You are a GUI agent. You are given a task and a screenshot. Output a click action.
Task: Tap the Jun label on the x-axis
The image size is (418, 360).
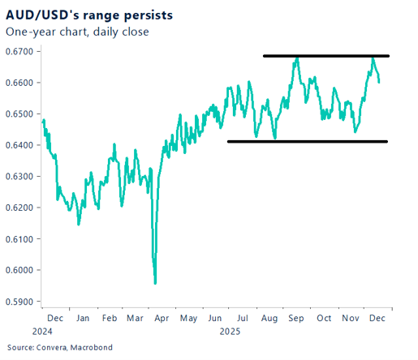[x=216, y=319]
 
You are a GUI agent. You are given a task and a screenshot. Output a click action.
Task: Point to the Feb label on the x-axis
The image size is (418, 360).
[x=109, y=319]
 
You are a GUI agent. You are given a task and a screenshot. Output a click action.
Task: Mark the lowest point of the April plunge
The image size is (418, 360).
[x=155, y=283]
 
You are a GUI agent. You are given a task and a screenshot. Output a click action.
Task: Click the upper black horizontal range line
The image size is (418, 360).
[x=325, y=56]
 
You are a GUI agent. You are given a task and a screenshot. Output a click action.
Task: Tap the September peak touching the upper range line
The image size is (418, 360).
[x=297, y=58]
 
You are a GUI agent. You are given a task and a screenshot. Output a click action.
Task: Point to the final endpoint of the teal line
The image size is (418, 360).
[x=379, y=82]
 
